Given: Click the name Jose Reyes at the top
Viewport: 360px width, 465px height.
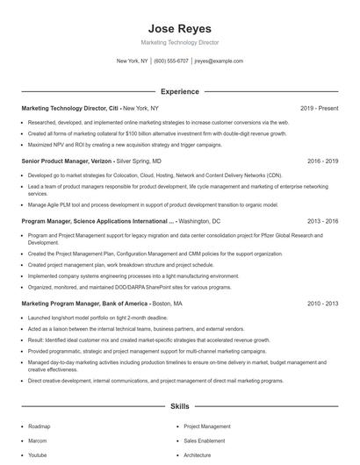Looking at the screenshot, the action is coord(179,28).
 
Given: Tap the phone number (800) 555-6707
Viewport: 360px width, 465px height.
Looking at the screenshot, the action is coord(171,61).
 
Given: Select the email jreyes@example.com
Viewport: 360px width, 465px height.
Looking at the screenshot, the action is coord(219,61).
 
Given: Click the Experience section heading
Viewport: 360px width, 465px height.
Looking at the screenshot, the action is coord(179,91).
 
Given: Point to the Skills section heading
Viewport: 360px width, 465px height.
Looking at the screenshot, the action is coord(179,407).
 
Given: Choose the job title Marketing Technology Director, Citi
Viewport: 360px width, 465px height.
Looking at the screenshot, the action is coord(69,108).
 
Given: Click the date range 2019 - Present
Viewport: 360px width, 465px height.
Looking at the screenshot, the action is coord(319,108).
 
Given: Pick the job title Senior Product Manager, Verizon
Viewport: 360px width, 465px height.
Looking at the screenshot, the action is coord(68,161).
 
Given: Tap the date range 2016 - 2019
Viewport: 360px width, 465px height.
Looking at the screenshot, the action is coord(323,161).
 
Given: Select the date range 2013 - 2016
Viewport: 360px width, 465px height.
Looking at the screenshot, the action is coord(323,222).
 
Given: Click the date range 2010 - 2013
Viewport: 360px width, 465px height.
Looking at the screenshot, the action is coord(323,303).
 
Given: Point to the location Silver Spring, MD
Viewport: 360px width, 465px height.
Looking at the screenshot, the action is coord(140,161).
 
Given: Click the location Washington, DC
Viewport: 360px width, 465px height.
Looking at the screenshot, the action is coord(199,222).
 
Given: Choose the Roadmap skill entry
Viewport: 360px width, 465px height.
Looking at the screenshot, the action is coord(39,426).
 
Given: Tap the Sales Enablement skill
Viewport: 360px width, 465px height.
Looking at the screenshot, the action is coord(205,441).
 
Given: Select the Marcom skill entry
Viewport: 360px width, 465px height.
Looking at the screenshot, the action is coord(38,441).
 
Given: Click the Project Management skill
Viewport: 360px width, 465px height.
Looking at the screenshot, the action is coord(206,426).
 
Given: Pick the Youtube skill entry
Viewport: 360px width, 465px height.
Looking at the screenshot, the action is coord(38,455).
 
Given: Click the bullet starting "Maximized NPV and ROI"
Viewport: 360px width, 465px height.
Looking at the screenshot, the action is coord(125,145).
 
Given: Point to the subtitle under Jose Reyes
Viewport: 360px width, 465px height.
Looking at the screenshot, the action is coord(179,42).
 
